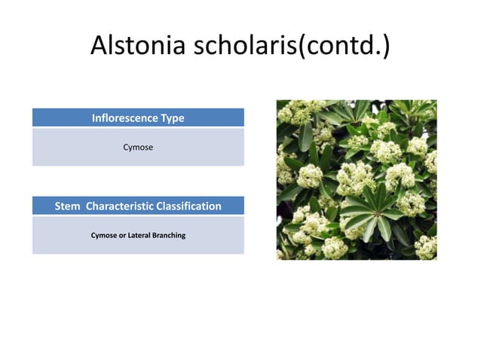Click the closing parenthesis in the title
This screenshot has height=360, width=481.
[385, 47]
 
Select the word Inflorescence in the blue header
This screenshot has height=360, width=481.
[124, 118]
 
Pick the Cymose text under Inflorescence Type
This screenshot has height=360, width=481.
[138, 148]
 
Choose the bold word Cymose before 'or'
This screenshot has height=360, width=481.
[104, 236]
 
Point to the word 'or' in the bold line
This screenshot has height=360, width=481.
[122, 236]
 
